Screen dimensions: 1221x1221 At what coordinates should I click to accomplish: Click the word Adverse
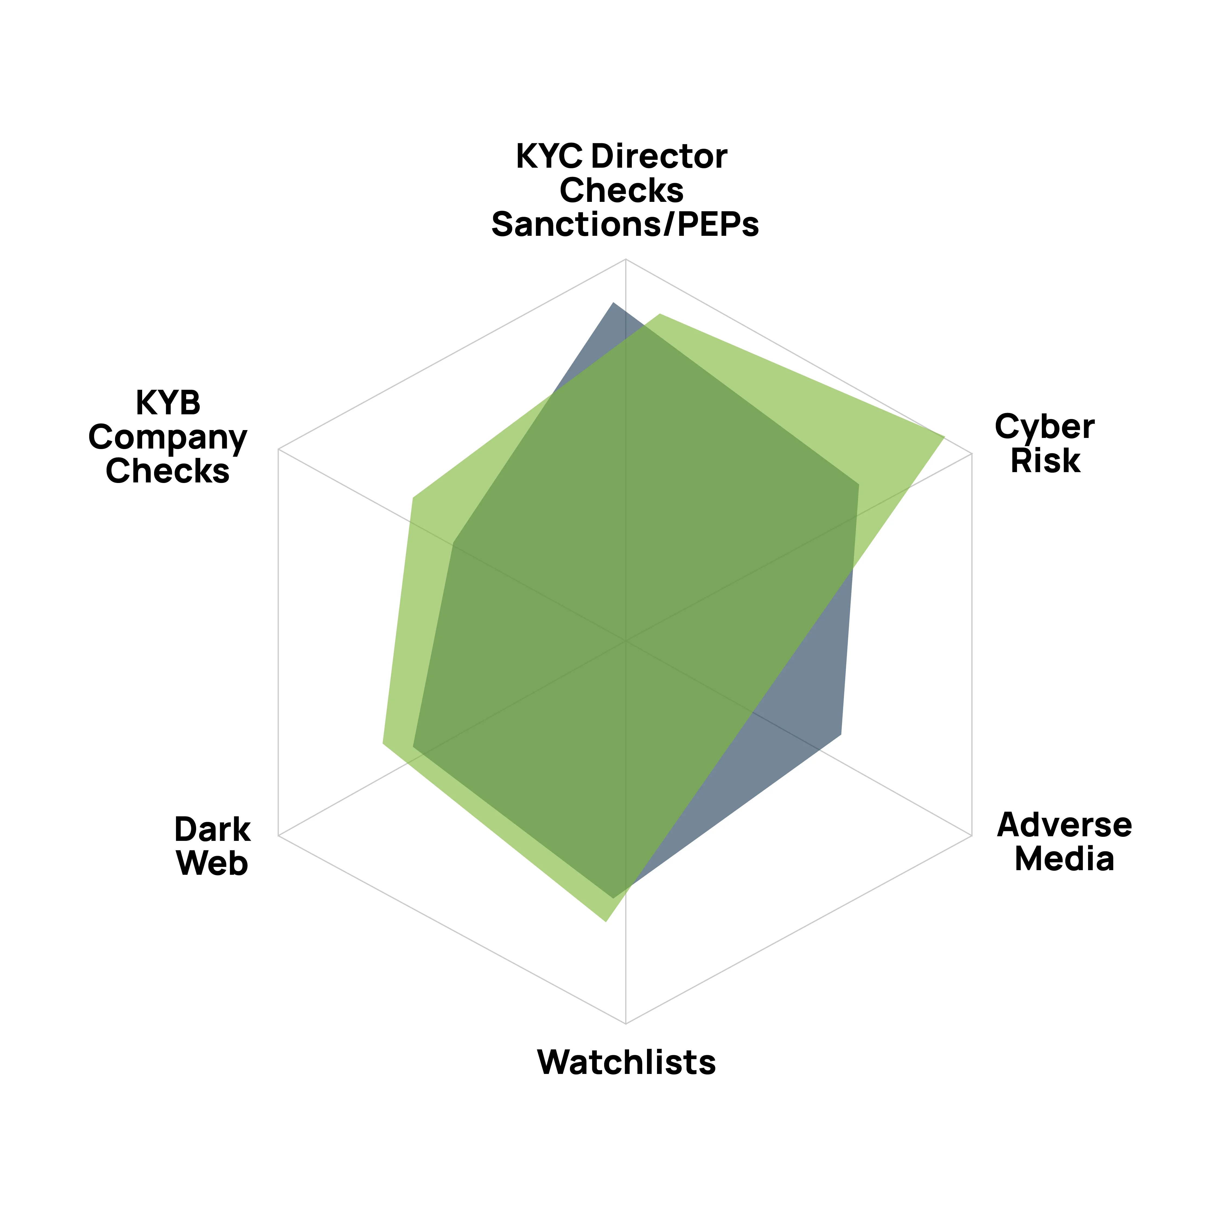pyautogui.click(x=1064, y=825)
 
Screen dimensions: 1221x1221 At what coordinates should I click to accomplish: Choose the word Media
pyautogui.click(x=1064, y=860)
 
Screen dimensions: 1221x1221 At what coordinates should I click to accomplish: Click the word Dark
pyautogui.click(x=212, y=830)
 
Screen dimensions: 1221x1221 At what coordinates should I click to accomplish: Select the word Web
pyautogui.click(x=212, y=864)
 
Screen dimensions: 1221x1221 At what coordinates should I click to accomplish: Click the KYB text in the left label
pyautogui.click(x=168, y=403)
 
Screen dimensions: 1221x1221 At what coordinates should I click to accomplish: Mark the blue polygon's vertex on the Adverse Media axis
pyautogui.click(x=841, y=735)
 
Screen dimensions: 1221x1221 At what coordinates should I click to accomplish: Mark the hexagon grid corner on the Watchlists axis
pyautogui.click(x=625, y=1023)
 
